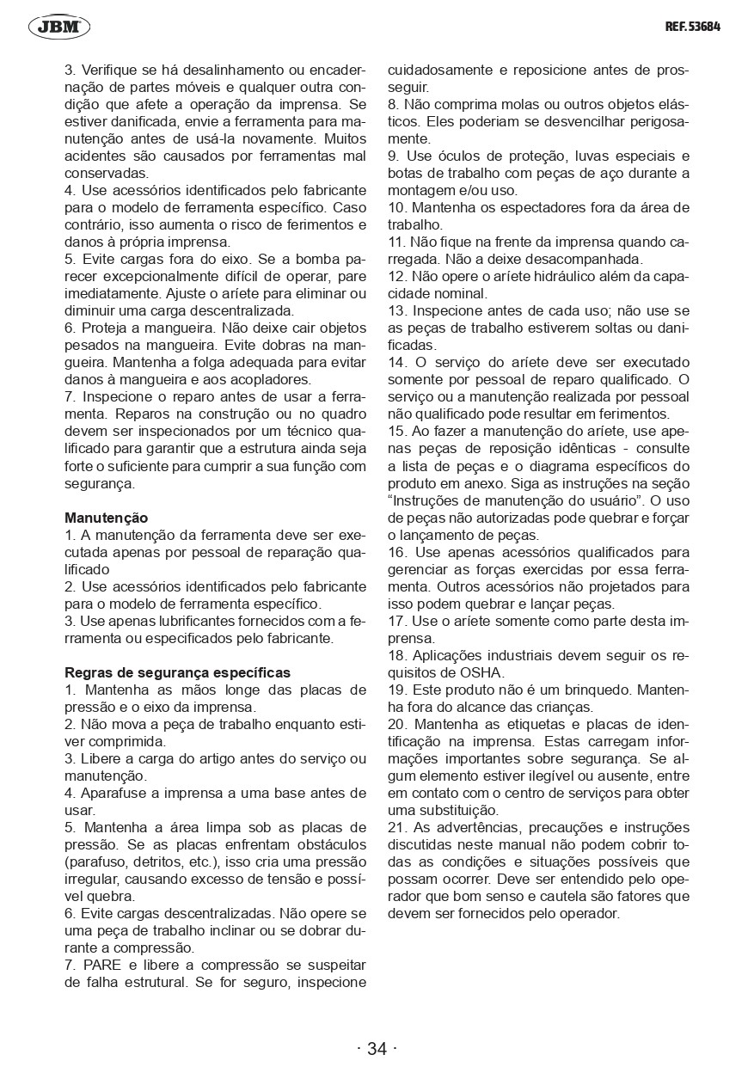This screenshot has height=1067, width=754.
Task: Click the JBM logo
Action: point(59,28)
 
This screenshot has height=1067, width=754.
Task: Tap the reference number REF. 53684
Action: point(692,27)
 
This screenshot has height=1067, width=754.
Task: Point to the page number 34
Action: point(377,1048)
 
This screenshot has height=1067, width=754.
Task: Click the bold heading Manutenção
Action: point(107,518)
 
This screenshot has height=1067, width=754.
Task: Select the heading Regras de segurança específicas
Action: point(178,672)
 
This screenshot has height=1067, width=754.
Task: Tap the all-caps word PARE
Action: point(103,965)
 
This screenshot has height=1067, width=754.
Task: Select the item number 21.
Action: point(396,827)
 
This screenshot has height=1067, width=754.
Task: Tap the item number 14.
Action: point(396,363)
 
